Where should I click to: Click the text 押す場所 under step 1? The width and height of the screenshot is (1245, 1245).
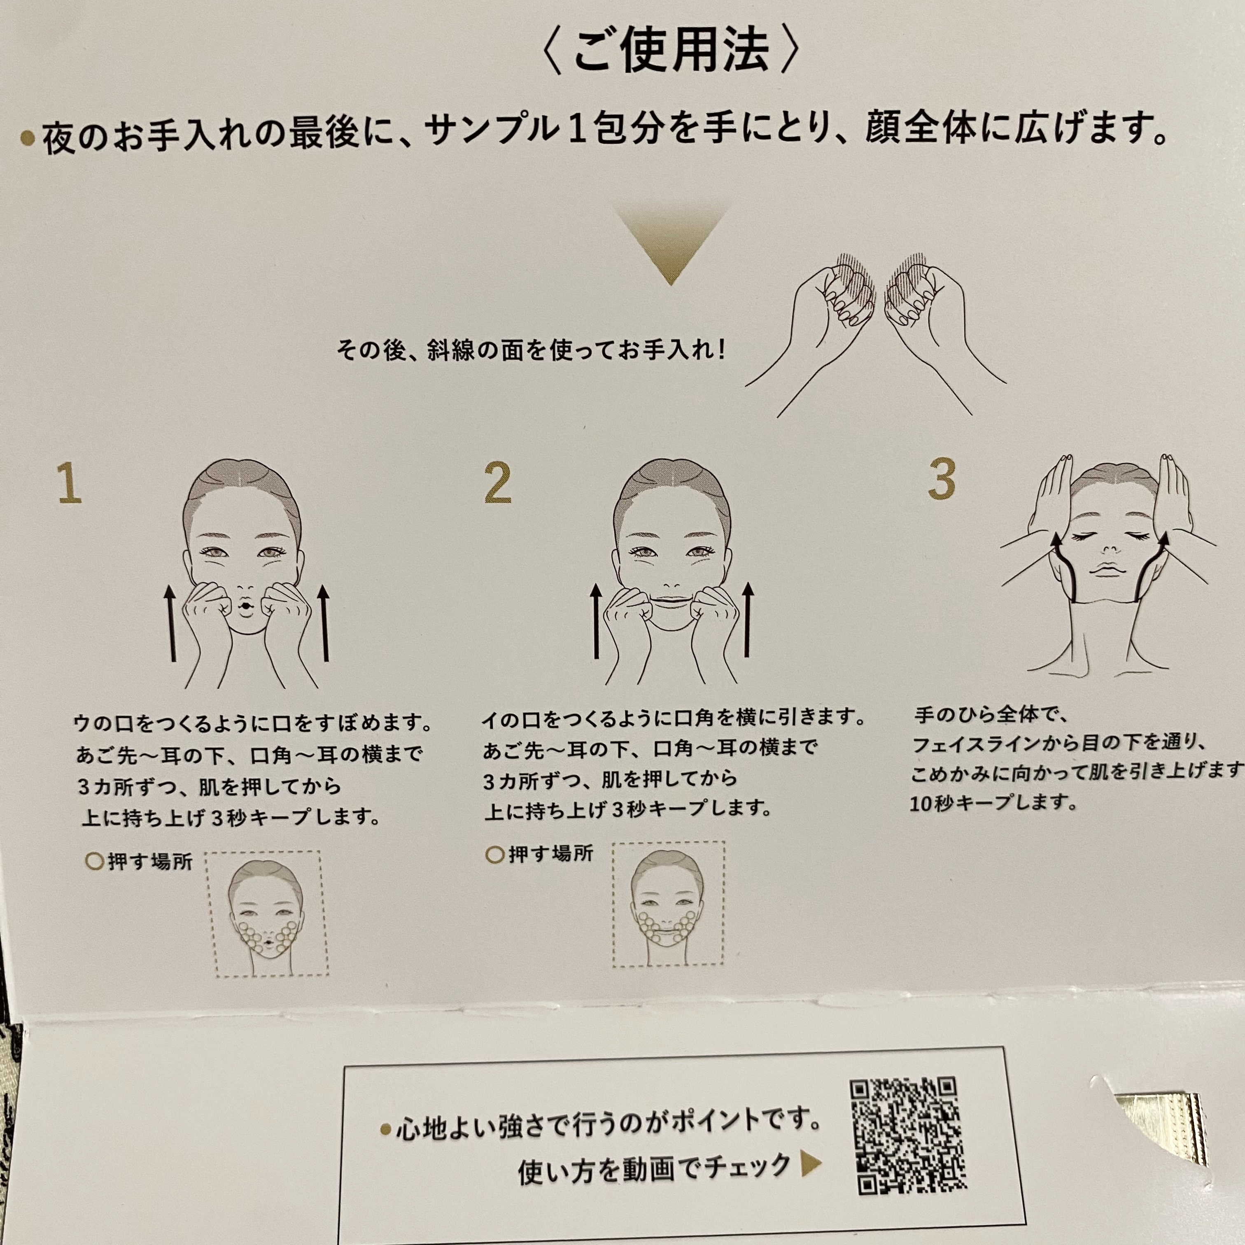point(150,862)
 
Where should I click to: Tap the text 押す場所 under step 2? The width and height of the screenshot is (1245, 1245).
point(551,854)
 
